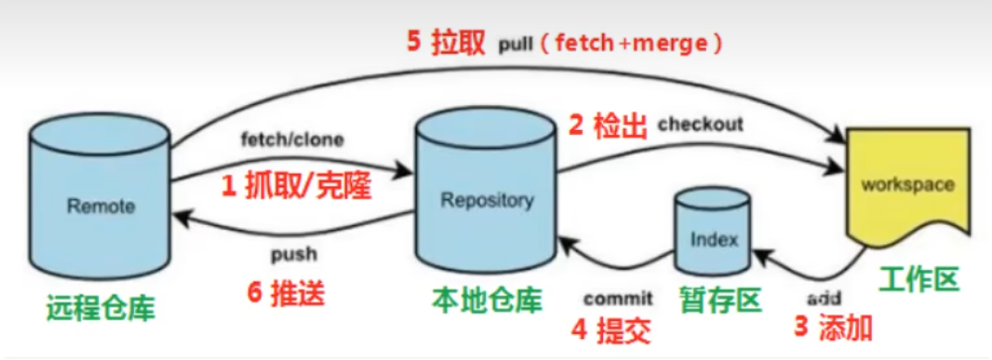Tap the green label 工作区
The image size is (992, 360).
tap(919, 280)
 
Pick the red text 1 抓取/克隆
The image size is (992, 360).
tap(284, 186)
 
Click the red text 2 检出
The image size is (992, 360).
tap(607, 126)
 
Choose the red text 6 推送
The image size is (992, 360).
tap(285, 295)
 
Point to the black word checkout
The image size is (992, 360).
tap(699, 125)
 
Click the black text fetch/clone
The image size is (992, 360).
tap(292, 140)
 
